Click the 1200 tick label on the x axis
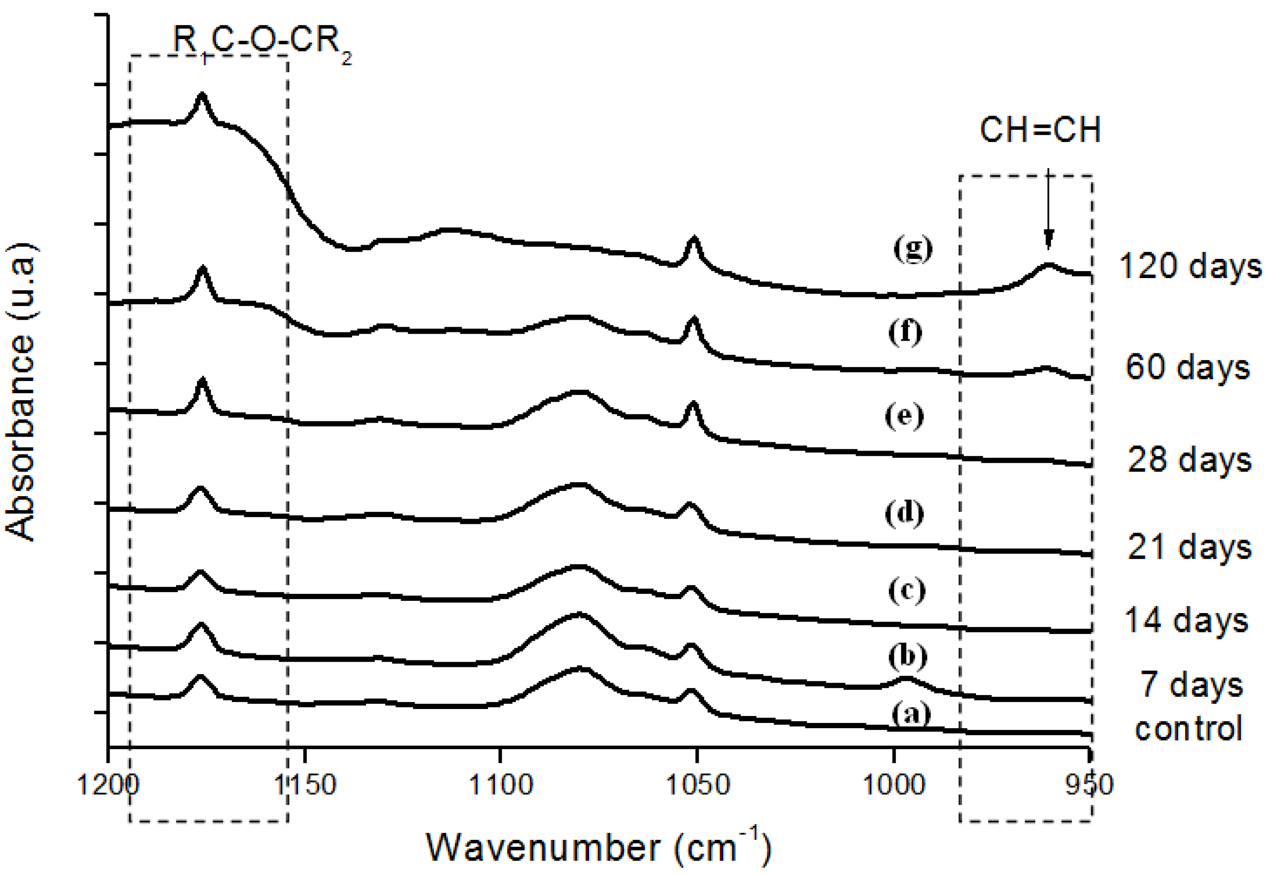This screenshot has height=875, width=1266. (108, 785)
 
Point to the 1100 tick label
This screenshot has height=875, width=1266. (500, 785)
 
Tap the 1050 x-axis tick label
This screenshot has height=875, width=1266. (697, 785)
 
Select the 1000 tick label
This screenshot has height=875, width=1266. (894, 785)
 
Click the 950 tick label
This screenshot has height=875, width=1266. (1089, 785)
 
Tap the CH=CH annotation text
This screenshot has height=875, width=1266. (1040, 130)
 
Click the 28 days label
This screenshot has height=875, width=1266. (1189, 460)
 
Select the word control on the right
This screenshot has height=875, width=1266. (1188, 729)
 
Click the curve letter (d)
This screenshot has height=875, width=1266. (904, 513)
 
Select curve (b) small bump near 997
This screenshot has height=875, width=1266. (906, 679)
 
